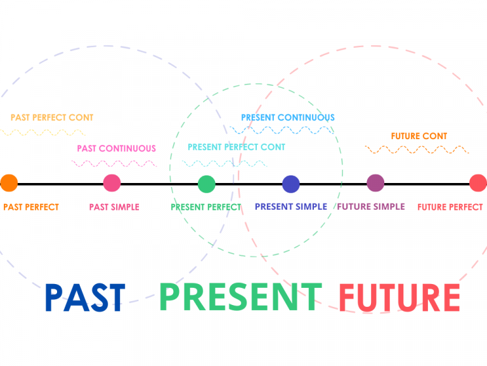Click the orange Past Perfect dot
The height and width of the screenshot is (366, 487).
tap(9, 183)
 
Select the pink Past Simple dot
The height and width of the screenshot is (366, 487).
tap(112, 183)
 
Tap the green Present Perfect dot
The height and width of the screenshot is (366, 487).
tap(207, 184)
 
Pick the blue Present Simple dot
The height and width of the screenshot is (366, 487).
tap(290, 184)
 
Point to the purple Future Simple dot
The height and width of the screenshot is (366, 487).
tap(375, 183)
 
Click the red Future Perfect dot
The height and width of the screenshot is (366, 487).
tap(478, 183)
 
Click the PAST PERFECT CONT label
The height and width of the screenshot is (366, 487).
tap(52, 118)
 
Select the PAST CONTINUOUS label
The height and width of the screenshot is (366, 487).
tap(116, 149)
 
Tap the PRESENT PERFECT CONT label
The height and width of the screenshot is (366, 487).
tap(237, 147)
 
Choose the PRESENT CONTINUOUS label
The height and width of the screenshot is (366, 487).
tap(288, 118)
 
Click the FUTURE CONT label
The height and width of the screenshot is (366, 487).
tap(419, 136)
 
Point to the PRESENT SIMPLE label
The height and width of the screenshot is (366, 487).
tap(291, 207)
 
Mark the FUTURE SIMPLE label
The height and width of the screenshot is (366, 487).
tap(371, 207)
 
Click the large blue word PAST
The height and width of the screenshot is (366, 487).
tap(85, 297)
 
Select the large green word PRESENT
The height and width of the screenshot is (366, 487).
tap(240, 296)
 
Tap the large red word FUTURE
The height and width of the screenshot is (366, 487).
tap(399, 297)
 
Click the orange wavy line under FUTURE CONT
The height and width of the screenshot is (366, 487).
tap(417, 150)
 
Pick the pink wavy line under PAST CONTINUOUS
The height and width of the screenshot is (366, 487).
tap(114, 163)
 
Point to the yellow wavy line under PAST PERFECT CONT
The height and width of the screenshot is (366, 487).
tap(43, 133)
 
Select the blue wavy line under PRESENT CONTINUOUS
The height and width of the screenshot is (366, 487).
tap(281, 130)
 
